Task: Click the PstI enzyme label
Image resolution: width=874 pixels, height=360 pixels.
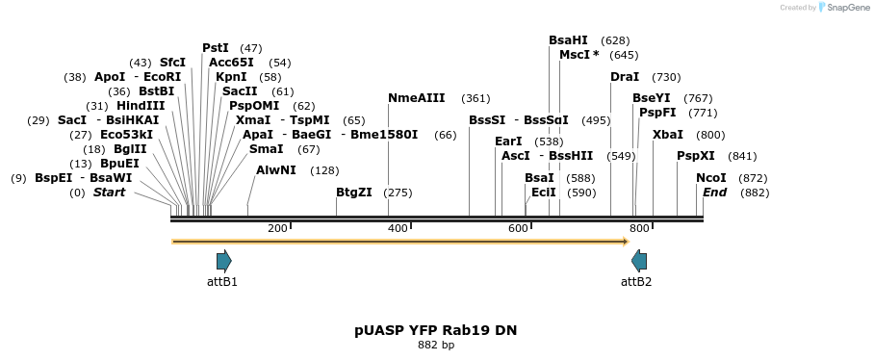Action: click(x=216, y=48)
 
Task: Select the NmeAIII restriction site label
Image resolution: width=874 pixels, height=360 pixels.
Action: click(x=416, y=98)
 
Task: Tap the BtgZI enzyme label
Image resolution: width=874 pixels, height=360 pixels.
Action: click(x=353, y=193)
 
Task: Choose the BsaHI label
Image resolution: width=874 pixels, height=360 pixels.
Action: click(x=568, y=40)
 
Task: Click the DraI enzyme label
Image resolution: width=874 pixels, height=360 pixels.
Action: click(x=625, y=77)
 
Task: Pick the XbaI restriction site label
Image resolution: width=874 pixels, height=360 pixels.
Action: click(x=668, y=135)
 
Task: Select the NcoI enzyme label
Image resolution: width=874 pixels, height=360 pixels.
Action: click(x=711, y=178)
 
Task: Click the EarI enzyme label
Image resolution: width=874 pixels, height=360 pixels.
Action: click(x=508, y=141)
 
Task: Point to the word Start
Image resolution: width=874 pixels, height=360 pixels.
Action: click(x=109, y=193)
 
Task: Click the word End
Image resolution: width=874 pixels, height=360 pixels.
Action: click(x=714, y=193)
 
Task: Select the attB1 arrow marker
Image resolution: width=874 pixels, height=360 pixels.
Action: click(x=223, y=261)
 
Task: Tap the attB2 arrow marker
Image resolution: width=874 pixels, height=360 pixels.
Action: click(x=639, y=261)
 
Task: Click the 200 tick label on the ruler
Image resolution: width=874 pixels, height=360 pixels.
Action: click(x=277, y=228)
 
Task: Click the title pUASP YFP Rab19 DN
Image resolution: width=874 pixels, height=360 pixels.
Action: click(x=435, y=330)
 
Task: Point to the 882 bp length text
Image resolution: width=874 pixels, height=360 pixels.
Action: click(x=435, y=345)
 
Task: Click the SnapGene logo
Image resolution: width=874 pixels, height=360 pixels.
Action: click(x=839, y=8)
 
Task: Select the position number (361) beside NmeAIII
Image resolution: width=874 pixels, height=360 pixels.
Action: click(x=476, y=98)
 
